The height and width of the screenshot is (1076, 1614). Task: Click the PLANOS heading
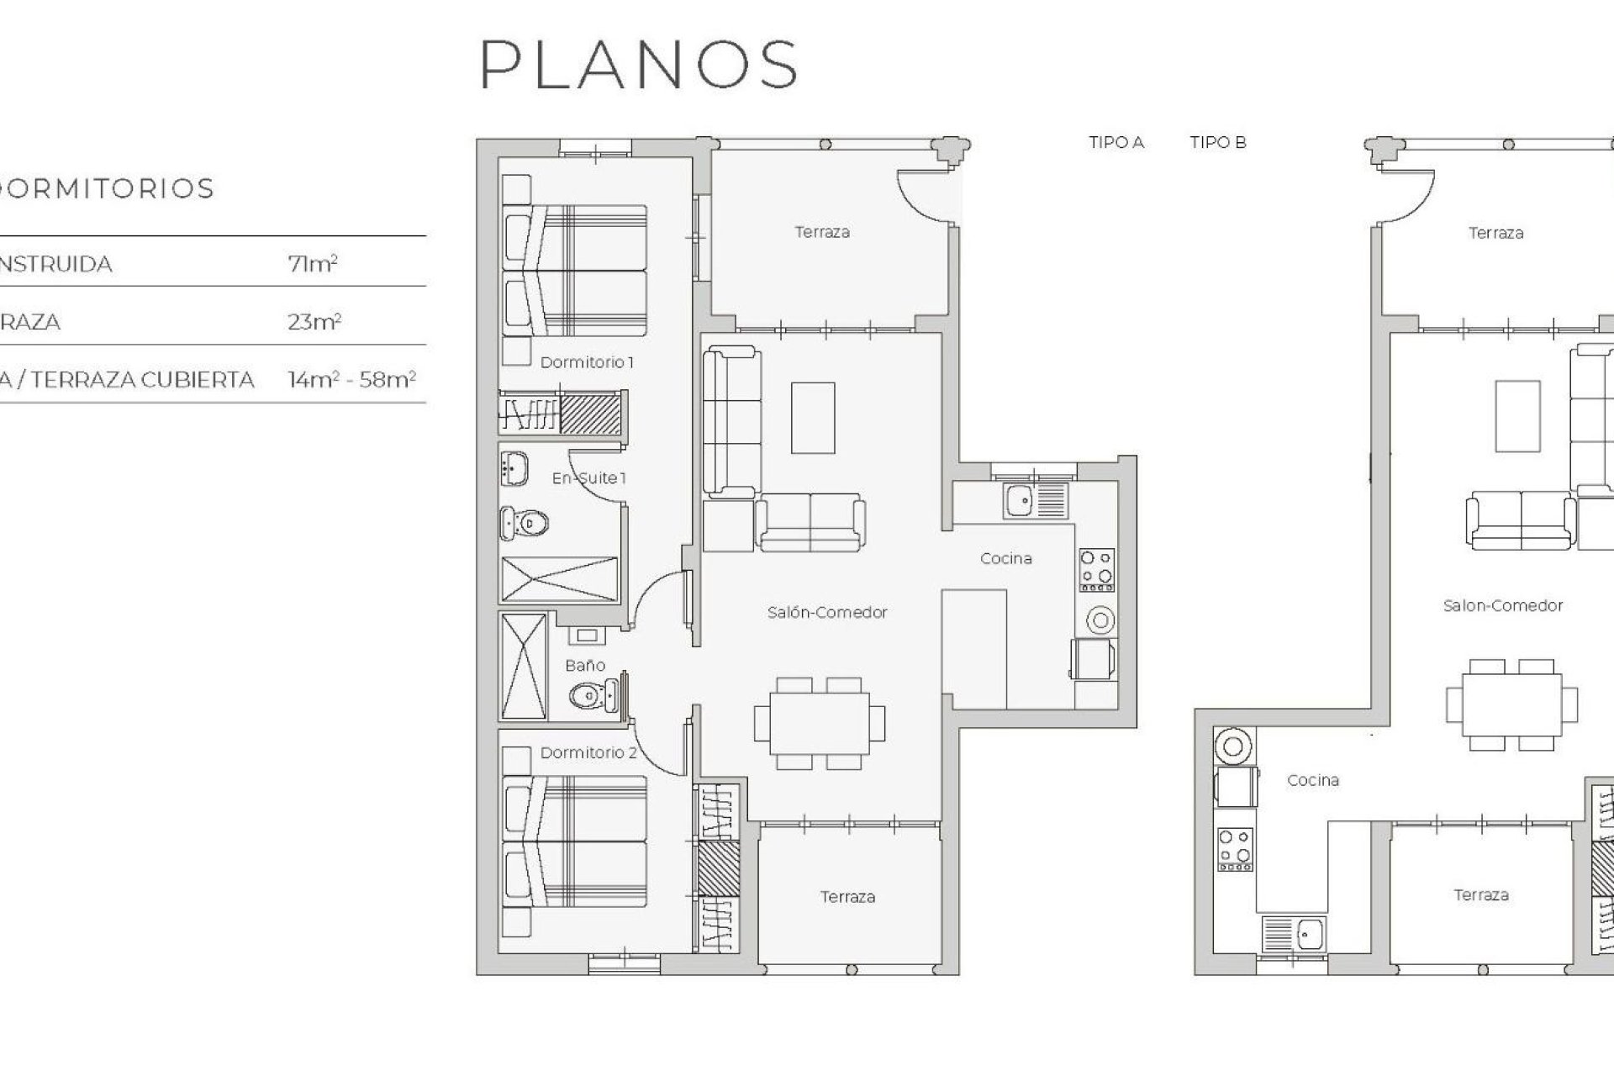(x=639, y=65)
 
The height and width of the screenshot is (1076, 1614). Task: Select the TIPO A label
(x=1116, y=143)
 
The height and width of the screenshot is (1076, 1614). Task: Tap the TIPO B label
(x=1217, y=143)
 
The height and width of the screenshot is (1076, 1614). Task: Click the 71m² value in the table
(x=312, y=264)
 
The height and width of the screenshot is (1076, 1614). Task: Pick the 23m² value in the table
(x=314, y=322)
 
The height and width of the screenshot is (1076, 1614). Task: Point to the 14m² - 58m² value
(x=351, y=380)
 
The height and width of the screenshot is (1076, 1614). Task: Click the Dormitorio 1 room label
(x=586, y=362)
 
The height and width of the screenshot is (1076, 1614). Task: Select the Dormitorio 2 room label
(x=588, y=752)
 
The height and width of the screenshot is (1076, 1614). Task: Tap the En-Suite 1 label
(x=588, y=478)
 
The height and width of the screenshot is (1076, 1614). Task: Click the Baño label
(x=585, y=665)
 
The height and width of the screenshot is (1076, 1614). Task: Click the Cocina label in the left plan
(x=1005, y=558)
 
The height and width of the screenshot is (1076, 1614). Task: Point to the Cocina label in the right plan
(x=1312, y=780)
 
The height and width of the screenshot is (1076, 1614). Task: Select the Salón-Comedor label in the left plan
(x=826, y=612)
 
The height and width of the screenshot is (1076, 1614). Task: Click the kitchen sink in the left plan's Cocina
(x=1021, y=501)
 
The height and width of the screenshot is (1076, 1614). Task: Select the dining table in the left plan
(x=819, y=723)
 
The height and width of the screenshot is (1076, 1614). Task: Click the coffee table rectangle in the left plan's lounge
(x=812, y=418)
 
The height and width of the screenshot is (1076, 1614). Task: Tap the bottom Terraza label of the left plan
(x=847, y=897)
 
